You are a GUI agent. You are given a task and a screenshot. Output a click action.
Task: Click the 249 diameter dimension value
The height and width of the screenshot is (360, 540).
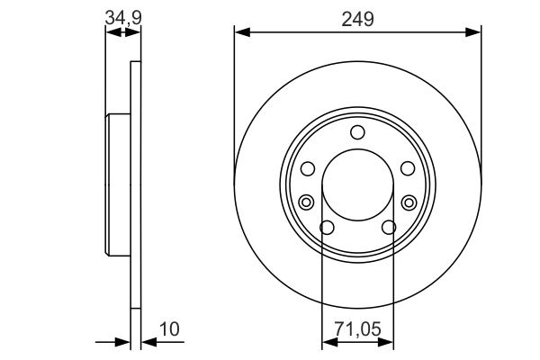pos(357,18)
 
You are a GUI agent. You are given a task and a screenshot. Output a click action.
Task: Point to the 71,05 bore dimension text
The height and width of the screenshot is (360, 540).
pos(358,330)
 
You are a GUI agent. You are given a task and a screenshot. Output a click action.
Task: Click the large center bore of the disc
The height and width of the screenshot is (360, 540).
pos(357,184)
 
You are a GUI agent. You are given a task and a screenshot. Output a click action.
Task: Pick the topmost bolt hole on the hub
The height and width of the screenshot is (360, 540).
pos(357,133)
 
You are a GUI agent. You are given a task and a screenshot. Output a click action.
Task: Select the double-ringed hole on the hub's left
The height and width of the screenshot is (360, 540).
pos(306,201)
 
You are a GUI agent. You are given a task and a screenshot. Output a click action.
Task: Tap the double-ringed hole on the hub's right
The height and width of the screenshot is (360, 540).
pos(409,201)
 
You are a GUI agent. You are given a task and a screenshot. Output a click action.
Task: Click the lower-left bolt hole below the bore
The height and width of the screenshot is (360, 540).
pos(328,228)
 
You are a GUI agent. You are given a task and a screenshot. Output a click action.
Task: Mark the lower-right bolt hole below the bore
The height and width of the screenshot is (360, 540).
pos(389,228)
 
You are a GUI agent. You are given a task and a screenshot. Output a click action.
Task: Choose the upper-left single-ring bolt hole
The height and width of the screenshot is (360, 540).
pos(308,168)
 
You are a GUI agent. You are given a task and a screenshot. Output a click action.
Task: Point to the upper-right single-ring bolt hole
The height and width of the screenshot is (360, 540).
pos(407,168)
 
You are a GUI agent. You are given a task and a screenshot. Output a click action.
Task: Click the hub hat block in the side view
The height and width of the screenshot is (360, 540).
pos(119,184)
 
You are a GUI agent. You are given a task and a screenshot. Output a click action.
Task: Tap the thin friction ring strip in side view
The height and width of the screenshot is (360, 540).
pos(136,184)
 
